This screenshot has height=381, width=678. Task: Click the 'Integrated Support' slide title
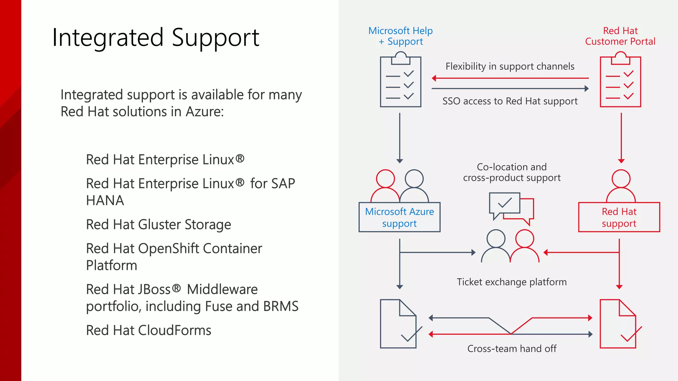tap(156, 38)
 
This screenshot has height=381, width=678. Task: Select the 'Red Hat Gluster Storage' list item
tap(158, 225)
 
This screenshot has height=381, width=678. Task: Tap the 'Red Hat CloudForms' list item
tap(148, 330)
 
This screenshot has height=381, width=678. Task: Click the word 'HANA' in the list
tap(105, 201)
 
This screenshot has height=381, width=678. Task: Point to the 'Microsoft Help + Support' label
tap(400, 36)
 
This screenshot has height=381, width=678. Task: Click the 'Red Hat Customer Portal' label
tap(620, 36)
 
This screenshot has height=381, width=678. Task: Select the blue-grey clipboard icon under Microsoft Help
tap(400, 81)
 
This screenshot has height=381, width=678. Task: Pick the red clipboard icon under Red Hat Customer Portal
tap(620, 81)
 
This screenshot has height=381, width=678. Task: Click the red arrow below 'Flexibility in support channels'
tap(510, 78)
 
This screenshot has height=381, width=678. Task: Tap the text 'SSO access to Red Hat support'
tap(510, 101)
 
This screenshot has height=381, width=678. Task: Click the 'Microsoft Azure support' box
tap(399, 217)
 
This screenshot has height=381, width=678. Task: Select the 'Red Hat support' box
tap(619, 217)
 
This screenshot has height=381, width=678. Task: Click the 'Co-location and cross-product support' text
tap(511, 172)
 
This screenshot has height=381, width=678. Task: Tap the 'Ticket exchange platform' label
tap(511, 282)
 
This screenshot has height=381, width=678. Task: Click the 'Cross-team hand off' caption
tap(511, 349)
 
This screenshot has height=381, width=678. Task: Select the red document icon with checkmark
tap(618, 324)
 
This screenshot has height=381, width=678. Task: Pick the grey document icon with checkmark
tap(399, 324)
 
